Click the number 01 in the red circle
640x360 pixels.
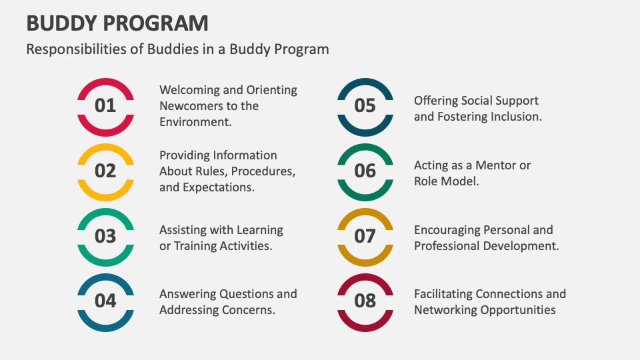point(105,106)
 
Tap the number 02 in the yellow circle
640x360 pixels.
point(105,171)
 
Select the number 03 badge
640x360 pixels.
point(105,237)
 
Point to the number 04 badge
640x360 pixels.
point(105,301)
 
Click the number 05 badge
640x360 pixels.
point(365,106)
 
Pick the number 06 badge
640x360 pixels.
point(365,171)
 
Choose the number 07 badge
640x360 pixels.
point(365,237)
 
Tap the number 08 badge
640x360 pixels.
point(365,301)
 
